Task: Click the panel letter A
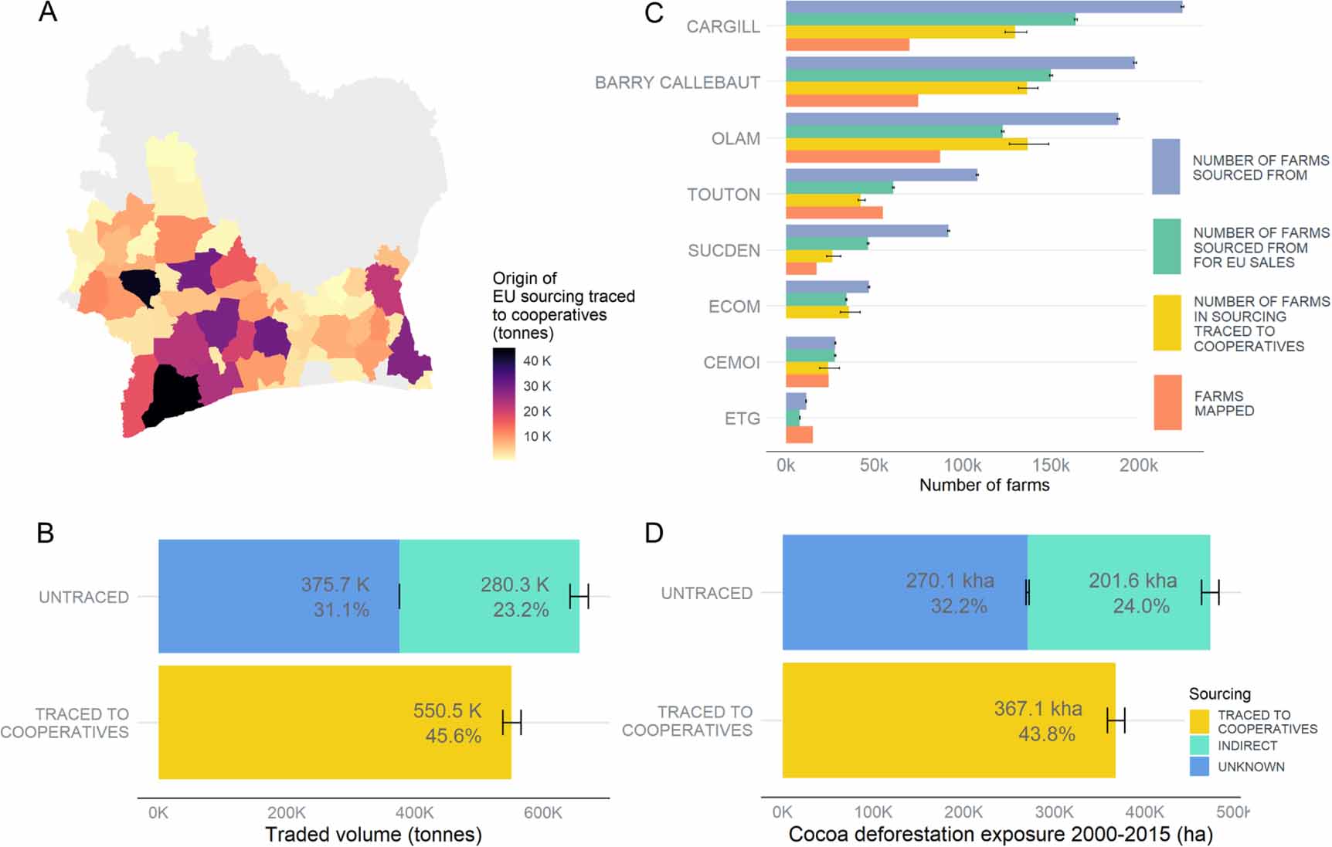(x=48, y=12)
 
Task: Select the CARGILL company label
(x=723, y=27)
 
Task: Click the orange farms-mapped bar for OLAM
(x=862, y=157)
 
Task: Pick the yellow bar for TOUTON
(x=823, y=200)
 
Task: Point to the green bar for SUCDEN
(x=827, y=244)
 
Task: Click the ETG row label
(x=742, y=419)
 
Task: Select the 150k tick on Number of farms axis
(x=1051, y=466)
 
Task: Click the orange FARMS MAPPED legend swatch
(x=1167, y=402)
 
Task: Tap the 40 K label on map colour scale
(x=537, y=361)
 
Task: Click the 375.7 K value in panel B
(x=335, y=584)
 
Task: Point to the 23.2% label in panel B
(x=521, y=610)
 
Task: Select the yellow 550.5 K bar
(x=335, y=722)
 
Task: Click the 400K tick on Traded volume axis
(x=415, y=812)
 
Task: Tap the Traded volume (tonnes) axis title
(x=373, y=835)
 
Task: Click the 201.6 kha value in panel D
(x=1133, y=581)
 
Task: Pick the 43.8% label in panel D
(x=1046, y=734)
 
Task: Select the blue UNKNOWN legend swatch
(x=1199, y=767)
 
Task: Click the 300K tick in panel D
(x=1054, y=812)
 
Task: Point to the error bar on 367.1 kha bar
(x=1116, y=721)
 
